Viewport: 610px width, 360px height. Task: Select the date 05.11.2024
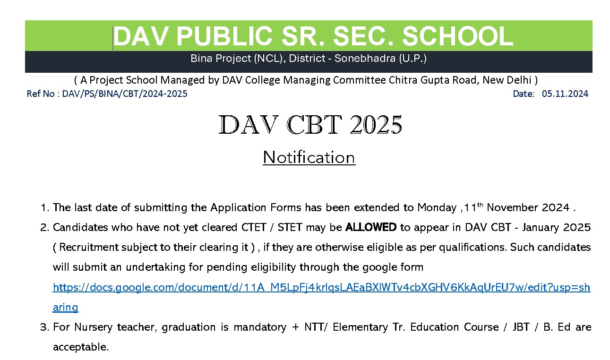click(x=565, y=94)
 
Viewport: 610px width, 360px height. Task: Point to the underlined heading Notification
click(x=309, y=157)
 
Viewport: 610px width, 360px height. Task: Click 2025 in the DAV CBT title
click(x=376, y=125)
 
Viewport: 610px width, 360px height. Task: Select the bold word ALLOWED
click(x=371, y=227)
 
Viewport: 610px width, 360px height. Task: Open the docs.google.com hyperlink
click(x=321, y=287)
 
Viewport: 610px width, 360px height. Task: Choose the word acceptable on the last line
click(x=80, y=347)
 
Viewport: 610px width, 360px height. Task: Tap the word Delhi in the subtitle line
click(x=519, y=80)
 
